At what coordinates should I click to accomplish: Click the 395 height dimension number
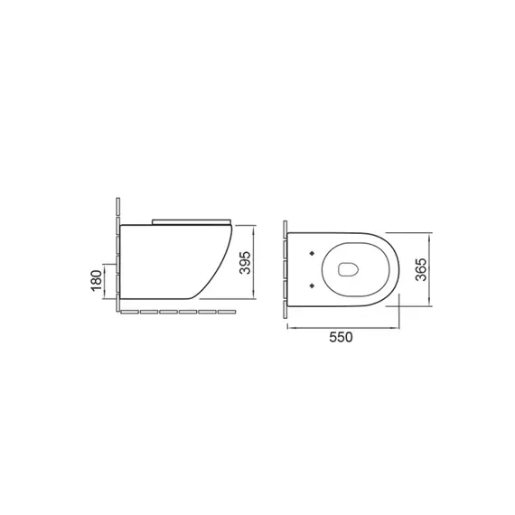pos(246,262)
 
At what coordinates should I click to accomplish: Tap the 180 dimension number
pos(97,280)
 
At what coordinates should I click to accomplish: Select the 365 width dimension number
pos(421,269)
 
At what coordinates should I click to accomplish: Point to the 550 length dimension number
pos(341,337)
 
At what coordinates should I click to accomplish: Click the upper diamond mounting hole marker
pos(312,253)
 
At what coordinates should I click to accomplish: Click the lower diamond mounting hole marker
pos(312,286)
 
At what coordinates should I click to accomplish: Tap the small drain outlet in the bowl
pos(348,269)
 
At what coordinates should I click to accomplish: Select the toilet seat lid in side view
pos(192,221)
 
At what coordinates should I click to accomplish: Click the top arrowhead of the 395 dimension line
pos(253,228)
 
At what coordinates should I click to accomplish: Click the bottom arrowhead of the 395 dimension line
pos(253,296)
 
